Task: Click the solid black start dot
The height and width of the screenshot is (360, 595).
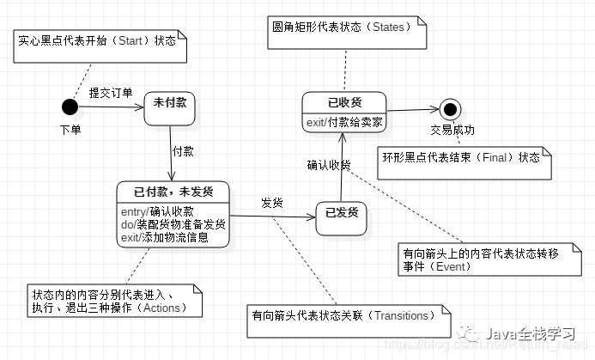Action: pyautogui.click(x=70, y=107)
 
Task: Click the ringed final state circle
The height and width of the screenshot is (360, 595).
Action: pyautogui.click(x=447, y=109)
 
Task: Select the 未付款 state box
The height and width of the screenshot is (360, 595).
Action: pyautogui.click(x=170, y=104)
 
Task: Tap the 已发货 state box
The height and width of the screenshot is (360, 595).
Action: pyautogui.click(x=341, y=211)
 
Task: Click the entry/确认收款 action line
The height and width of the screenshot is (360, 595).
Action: pyautogui.click(x=158, y=211)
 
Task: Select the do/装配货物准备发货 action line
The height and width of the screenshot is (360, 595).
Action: pyautogui.click(x=173, y=224)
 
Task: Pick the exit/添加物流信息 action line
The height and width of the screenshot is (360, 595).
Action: pyautogui.click(x=165, y=237)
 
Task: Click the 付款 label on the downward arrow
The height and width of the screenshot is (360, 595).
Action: pyautogui.click(x=183, y=150)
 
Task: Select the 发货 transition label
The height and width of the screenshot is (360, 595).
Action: pyautogui.click(x=273, y=204)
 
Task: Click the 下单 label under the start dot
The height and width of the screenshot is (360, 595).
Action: pyautogui.click(x=70, y=130)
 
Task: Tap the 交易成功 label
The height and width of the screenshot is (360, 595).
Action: pyautogui.click(x=452, y=131)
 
